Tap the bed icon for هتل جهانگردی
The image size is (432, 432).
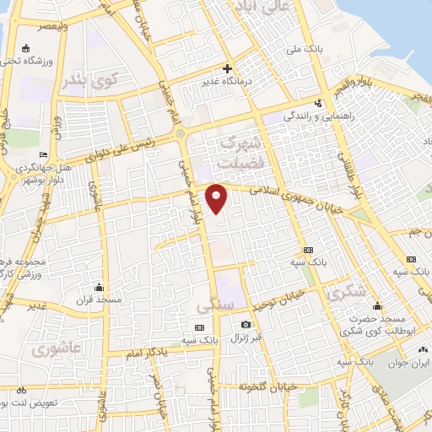[x=45, y=156]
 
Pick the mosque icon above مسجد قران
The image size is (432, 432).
[x=100, y=287]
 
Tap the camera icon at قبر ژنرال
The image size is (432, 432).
[x=246, y=325]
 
